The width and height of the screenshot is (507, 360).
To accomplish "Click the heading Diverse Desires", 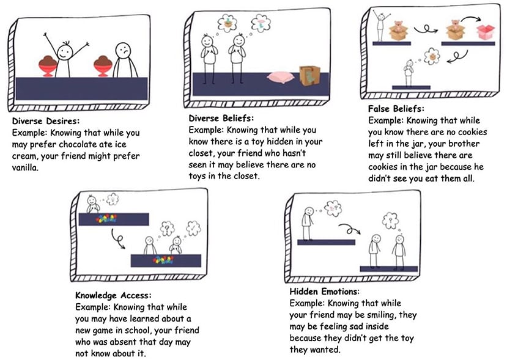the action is (x=46, y=121).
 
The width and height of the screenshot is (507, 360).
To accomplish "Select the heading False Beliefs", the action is (x=396, y=109).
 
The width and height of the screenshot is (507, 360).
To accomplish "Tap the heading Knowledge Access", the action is (x=113, y=295).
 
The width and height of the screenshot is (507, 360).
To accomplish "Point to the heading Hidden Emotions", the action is (x=324, y=292).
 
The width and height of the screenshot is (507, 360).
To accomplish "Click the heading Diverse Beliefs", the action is (x=221, y=119).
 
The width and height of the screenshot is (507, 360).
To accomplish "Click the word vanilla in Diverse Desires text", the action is (x=25, y=167).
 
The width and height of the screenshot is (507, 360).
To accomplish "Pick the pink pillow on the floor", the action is (x=280, y=77).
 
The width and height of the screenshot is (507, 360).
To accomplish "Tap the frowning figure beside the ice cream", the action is (x=125, y=60).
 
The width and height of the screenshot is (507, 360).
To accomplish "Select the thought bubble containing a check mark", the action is (x=193, y=228).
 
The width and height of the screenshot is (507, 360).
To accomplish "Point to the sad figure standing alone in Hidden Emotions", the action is (x=307, y=224).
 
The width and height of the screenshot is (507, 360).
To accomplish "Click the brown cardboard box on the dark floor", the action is (x=309, y=76).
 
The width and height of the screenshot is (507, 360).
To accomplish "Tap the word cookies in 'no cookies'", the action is (x=472, y=132).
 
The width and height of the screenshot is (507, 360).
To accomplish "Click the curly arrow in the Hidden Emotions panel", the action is (x=349, y=229).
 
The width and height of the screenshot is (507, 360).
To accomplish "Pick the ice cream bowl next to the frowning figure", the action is (x=103, y=66).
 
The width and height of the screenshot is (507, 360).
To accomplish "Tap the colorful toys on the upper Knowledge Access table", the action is (x=106, y=219).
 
